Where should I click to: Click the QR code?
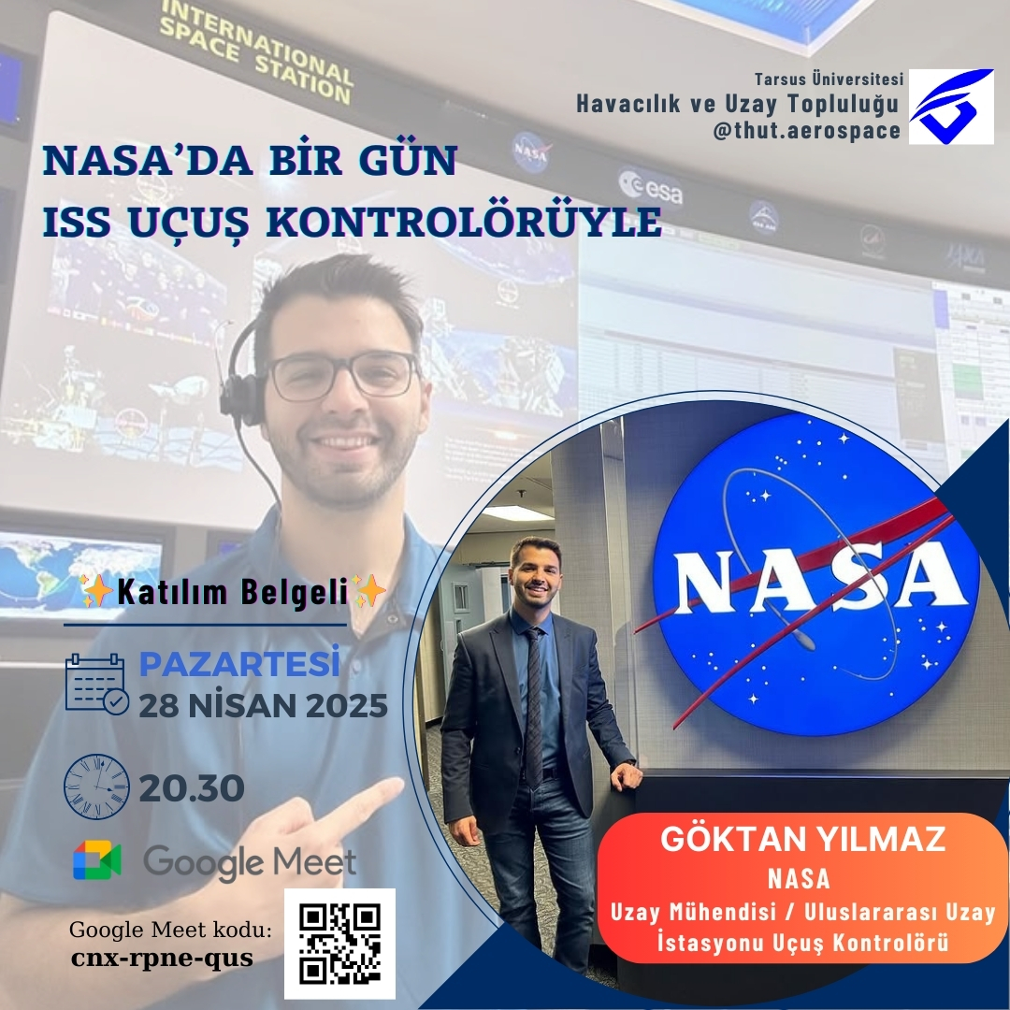(339, 944)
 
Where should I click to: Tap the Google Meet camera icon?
(96, 860)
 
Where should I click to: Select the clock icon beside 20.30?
(96, 786)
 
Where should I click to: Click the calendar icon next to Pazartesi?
(96, 684)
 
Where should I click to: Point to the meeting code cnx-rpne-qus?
(162, 958)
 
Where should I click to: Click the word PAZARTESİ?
(239, 663)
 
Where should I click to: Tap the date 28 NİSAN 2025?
(264, 706)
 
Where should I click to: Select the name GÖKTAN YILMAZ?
(802, 839)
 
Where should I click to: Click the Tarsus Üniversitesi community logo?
(951, 107)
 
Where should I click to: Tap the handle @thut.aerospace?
(806, 131)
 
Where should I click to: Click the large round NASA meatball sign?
(815, 575)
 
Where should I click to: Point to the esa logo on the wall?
(651, 187)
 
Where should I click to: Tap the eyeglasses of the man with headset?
(343, 376)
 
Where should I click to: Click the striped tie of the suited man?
(533, 708)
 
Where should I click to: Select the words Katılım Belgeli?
(233, 592)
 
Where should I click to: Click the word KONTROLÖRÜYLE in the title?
(464, 223)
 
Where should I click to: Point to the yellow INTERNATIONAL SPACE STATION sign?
(255, 51)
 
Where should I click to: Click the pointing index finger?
(364, 800)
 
